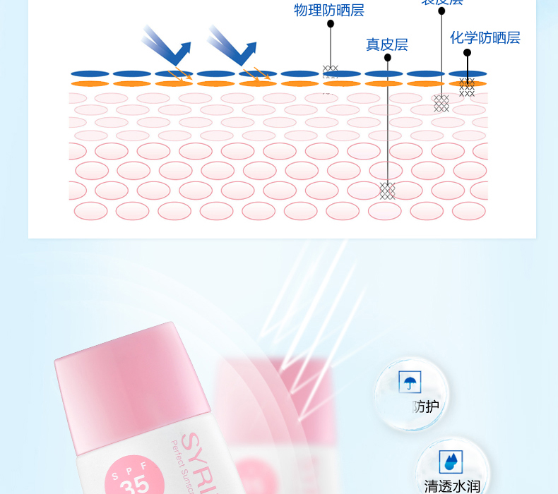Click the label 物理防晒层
coord(329,10)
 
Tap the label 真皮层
coord(386,44)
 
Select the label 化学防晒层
coord(485,37)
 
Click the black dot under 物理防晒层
coord(330,24)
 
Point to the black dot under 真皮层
coord(387,59)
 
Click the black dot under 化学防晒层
coord(467,52)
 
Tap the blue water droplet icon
coord(450,462)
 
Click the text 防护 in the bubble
coord(425,406)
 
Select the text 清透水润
coord(452,486)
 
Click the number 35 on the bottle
coord(134,486)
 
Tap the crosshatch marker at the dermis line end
coord(387,191)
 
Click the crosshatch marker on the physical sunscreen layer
coord(330,71)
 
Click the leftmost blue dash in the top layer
coord(90,73)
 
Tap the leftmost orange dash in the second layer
coord(90,84)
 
